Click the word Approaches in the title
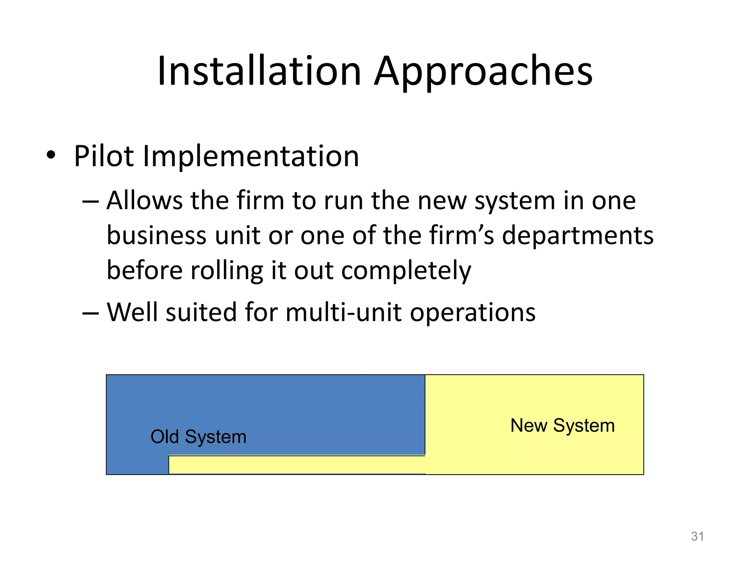pyautogui.click(x=483, y=72)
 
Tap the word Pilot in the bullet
pyautogui.click(x=104, y=156)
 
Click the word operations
pyautogui.click(x=472, y=313)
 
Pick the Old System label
pyautogui.click(x=198, y=437)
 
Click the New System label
pyautogui.click(x=562, y=426)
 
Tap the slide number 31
pyautogui.click(x=697, y=536)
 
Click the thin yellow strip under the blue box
pyautogui.click(x=297, y=465)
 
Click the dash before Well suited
pyautogui.click(x=90, y=313)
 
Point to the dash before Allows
pyautogui.click(x=90, y=201)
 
